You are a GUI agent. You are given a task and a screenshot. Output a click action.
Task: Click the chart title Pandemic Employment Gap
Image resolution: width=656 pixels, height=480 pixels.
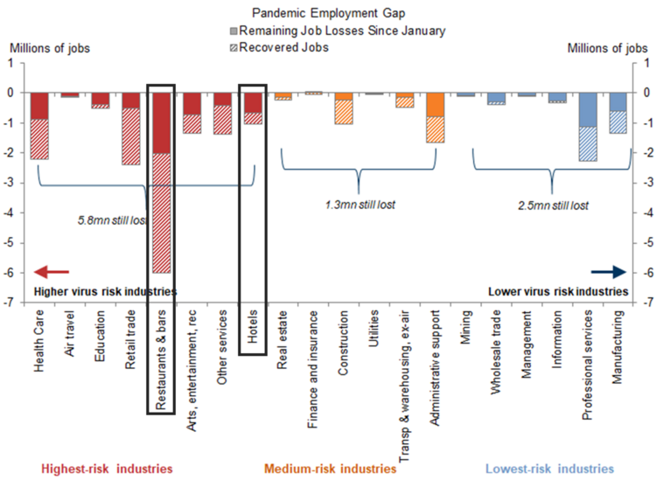tap(328, 13)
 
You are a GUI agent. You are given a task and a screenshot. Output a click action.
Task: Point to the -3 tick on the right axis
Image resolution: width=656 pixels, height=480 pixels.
tap(646, 183)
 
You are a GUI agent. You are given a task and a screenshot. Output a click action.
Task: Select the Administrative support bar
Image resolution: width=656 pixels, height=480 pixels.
tap(435, 117)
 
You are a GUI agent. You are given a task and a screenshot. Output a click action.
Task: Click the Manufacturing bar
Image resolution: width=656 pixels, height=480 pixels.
tap(618, 113)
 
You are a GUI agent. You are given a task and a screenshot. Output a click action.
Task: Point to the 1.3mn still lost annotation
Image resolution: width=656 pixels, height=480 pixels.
tap(359, 205)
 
